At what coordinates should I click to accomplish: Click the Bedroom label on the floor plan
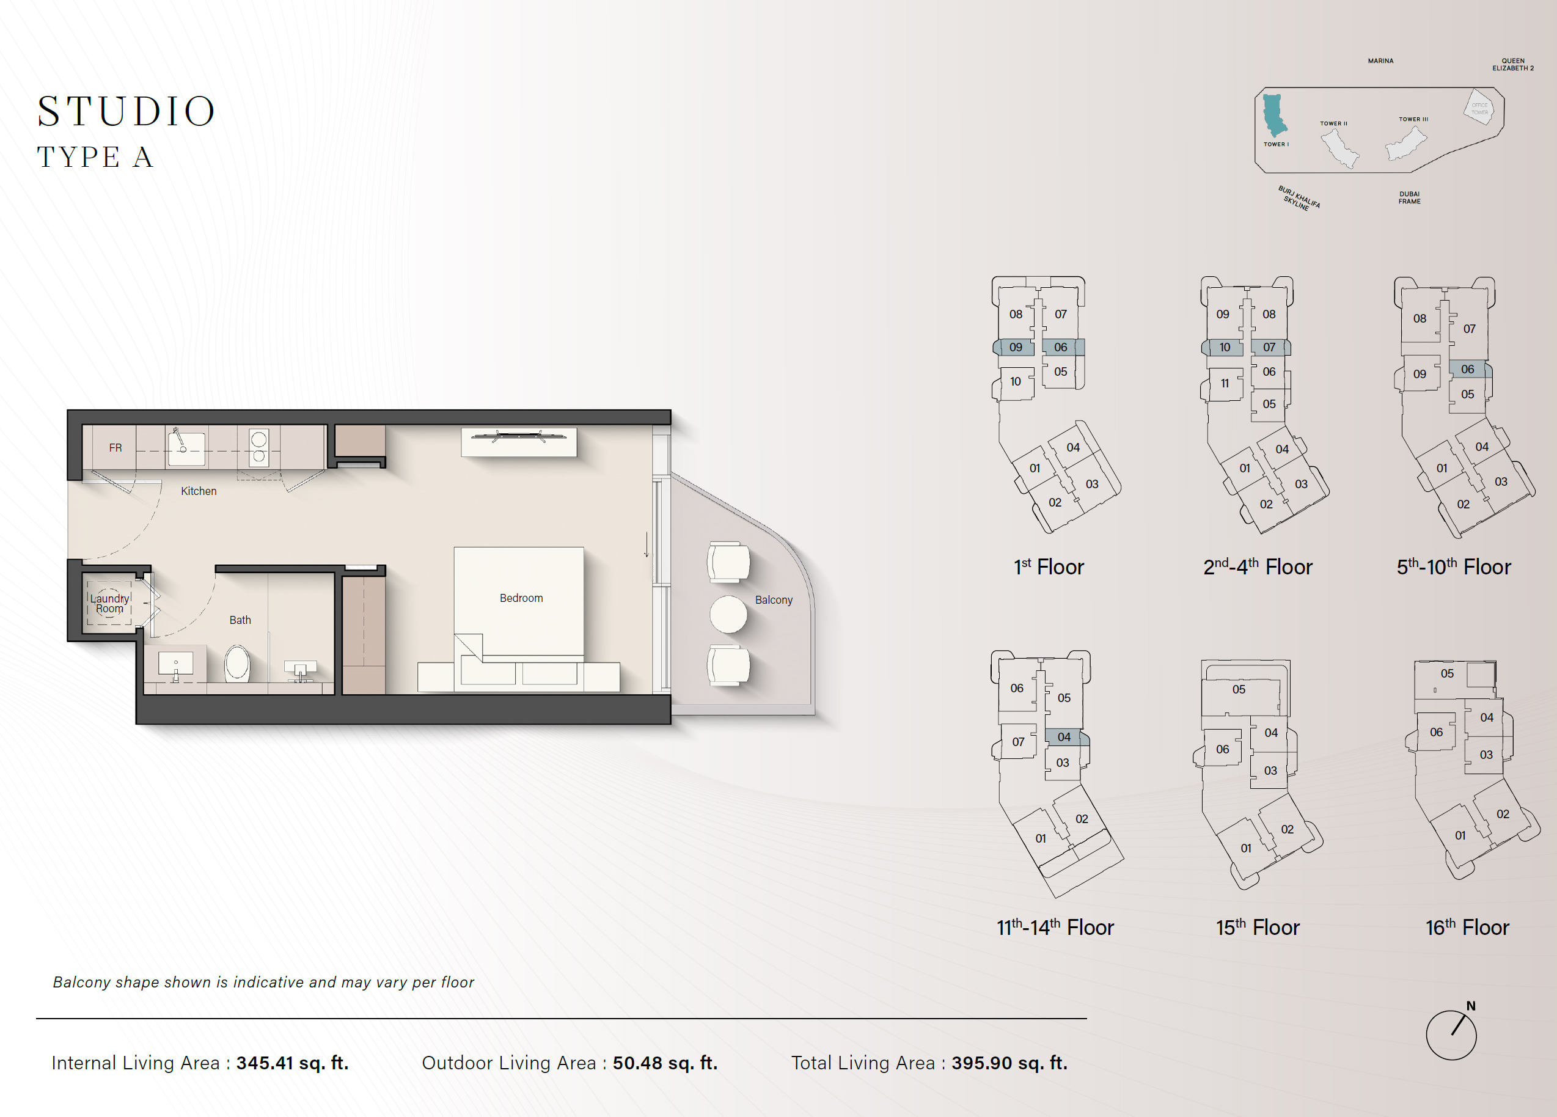pyautogui.click(x=521, y=598)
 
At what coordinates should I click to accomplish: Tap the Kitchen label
pyautogui.click(x=199, y=491)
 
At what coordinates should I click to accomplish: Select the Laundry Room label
pyautogui.click(x=110, y=604)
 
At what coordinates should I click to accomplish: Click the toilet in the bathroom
pyautogui.click(x=238, y=663)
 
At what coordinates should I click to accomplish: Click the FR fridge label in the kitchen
pyautogui.click(x=115, y=448)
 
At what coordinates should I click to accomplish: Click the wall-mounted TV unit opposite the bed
pyautogui.click(x=519, y=441)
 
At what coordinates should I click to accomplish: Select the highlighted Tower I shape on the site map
pyautogui.click(x=1274, y=115)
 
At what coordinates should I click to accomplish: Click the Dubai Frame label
pyautogui.click(x=1409, y=198)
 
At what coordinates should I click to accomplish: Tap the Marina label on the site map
pyautogui.click(x=1380, y=61)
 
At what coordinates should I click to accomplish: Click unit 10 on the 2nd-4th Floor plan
pyautogui.click(x=1224, y=348)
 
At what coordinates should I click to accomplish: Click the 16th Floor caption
pyautogui.click(x=1467, y=928)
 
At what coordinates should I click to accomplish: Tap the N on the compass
pyautogui.click(x=1470, y=1006)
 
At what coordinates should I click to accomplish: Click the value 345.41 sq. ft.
pyautogui.click(x=293, y=1063)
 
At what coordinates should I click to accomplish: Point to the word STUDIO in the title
pyautogui.click(x=127, y=111)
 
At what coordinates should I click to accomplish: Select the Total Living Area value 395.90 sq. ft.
pyautogui.click(x=1009, y=1063)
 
